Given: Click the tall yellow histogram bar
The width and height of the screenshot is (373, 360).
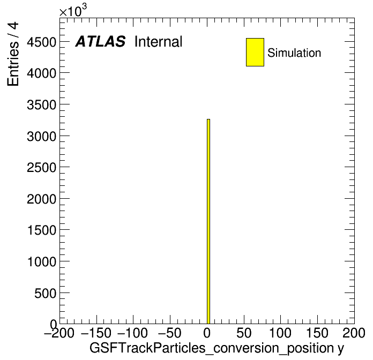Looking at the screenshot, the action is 208,221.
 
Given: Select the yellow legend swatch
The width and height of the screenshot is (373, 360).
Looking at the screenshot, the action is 255,52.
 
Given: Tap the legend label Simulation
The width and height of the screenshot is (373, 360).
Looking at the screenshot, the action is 294,53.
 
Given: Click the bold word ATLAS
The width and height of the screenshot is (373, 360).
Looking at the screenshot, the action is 100,41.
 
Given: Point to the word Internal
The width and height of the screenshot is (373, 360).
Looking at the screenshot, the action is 159,42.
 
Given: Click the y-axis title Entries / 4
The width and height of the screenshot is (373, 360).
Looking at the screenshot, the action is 13,54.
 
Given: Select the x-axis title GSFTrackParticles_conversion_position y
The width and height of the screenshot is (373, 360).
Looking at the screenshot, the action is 217,348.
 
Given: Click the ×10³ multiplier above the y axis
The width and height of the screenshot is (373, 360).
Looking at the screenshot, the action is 73,11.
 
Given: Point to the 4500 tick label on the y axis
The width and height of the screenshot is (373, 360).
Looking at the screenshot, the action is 42,42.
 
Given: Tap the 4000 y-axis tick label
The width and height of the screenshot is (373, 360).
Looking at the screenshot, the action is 42,73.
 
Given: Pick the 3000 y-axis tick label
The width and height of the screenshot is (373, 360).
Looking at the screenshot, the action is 42,137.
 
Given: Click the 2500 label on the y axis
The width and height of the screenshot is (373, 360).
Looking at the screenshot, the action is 42,168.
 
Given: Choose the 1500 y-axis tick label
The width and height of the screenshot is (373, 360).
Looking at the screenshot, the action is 42,230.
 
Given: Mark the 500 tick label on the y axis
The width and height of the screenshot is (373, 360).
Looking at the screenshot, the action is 46,294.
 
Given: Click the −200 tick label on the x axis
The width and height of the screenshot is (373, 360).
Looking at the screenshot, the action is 59,333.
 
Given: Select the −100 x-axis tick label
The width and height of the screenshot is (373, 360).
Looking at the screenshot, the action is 133,333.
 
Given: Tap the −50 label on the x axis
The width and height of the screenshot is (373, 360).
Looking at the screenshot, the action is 169,333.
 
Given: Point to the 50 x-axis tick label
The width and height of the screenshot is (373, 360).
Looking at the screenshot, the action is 244,333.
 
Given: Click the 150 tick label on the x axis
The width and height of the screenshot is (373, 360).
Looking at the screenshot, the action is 317,333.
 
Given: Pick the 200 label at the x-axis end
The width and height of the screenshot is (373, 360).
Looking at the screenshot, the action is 354,333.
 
